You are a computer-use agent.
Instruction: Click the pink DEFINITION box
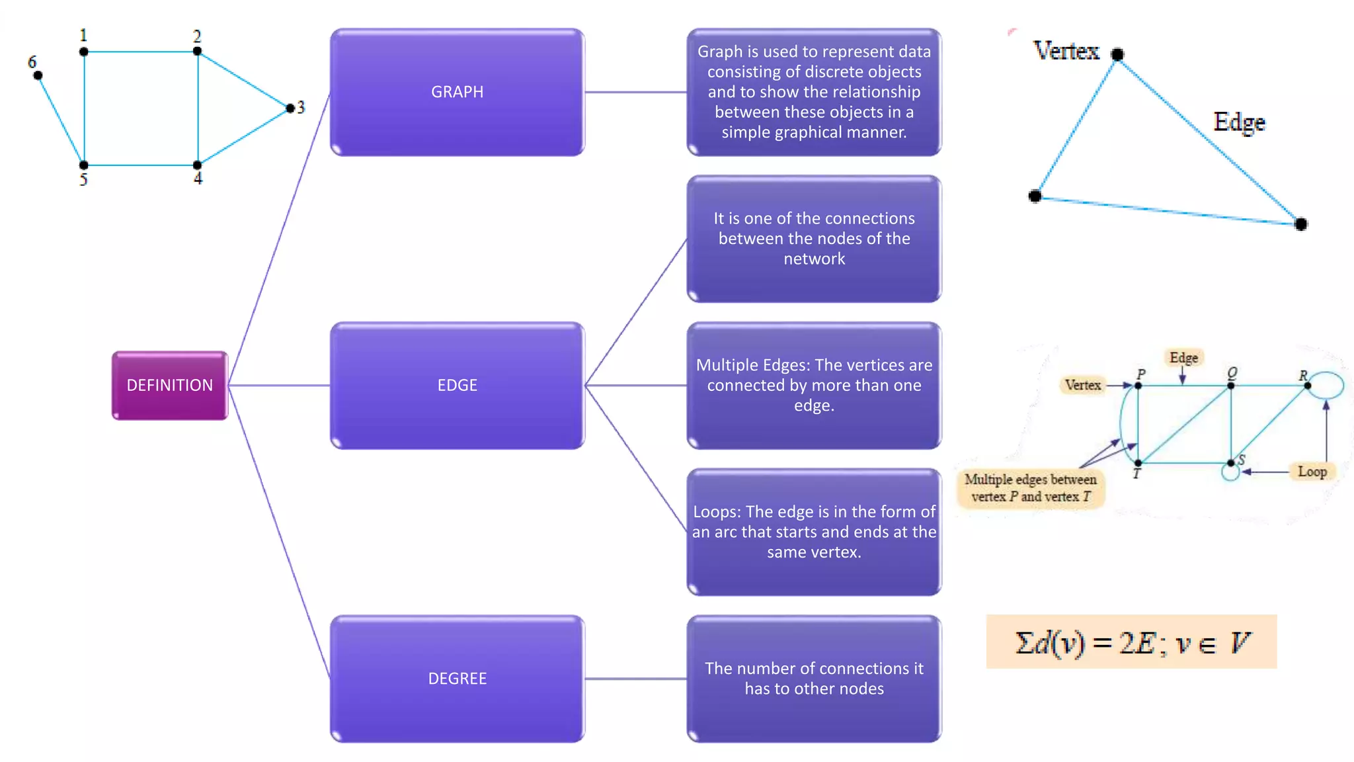pyautogui.click(x=170, y=385)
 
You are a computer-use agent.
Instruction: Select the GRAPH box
pyautogui.click(x=457, y=92)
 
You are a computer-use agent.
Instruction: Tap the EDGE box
pyautogui.click(x=457, y=385)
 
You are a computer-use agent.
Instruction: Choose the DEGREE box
pyautogui.click(x=457, y=679)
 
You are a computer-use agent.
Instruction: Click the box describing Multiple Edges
pyautogui.click(x=814, y=385)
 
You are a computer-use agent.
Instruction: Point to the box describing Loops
pyautogui.click(x=814, y=532)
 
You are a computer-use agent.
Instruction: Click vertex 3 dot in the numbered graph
pyautogui.click(x=290, y=108)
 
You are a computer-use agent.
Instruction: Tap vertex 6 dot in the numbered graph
pyautogui.click(x=38, y=75)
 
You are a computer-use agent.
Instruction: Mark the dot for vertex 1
pyautogui.click(x=84, y=52)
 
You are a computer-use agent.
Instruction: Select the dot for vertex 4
pyautogui.click(x=197, y=165)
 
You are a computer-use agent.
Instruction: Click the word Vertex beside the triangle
pyautogui.click(x=1066, y=51)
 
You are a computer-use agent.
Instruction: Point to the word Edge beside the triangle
pyautogui.click(x=1239, y=122)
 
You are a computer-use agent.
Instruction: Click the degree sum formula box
pyautogui.click(x=1131, y=642)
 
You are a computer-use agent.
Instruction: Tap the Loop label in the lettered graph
pyautogui.click(x=1312, y=472)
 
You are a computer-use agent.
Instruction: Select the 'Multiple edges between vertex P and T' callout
pyautogui.click(x=1030, y=488)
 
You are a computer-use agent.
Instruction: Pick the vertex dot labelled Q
pyautogui.click(x=1230, y=386)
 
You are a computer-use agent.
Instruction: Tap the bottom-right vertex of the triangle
pyautogui.click(x=1300, y=224)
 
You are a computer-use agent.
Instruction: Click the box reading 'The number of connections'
pyautogui.click(x=814, y=679)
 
